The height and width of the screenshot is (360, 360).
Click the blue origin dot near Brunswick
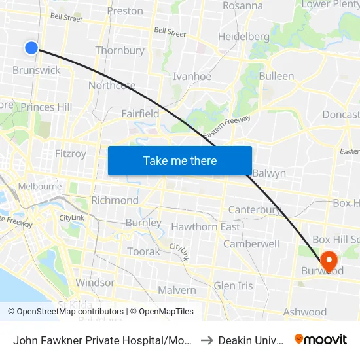coord(31,47)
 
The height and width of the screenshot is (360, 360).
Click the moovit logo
coord(321,339)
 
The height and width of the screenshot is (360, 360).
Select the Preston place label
coord(125,10)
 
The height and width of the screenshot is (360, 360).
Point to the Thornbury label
coord(120,50)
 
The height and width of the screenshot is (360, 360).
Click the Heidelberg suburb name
coord(243,37)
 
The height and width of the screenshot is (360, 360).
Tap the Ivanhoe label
coord(192,77)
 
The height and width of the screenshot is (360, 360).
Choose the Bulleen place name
coord(276,76)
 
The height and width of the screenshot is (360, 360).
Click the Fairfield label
coord(140,114)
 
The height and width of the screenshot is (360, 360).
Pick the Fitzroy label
coord(71,154)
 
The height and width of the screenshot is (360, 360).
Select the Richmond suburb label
coord(115,200)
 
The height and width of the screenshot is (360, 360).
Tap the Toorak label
coord(143,251)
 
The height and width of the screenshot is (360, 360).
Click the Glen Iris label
coord(233,285)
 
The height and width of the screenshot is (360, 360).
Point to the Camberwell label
coord(251,244)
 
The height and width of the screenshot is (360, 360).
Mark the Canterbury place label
coord(255,210)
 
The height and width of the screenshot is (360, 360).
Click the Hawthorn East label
coord(205,227)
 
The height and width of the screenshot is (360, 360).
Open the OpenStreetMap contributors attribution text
coord(66,312)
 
